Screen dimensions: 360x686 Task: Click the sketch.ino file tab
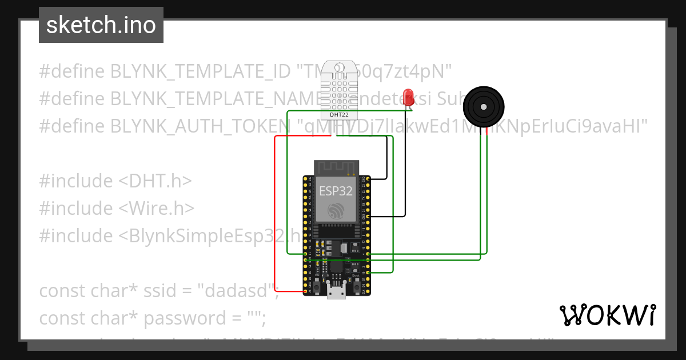click(x=101, y=25)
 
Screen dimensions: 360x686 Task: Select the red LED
click(x=408, y=95)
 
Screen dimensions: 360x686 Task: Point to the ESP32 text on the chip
click(x=336, y=191)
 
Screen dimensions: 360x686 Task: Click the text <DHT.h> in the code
click(x=154, y=181)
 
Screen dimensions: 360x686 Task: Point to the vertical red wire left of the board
click(x=275, y=217)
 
